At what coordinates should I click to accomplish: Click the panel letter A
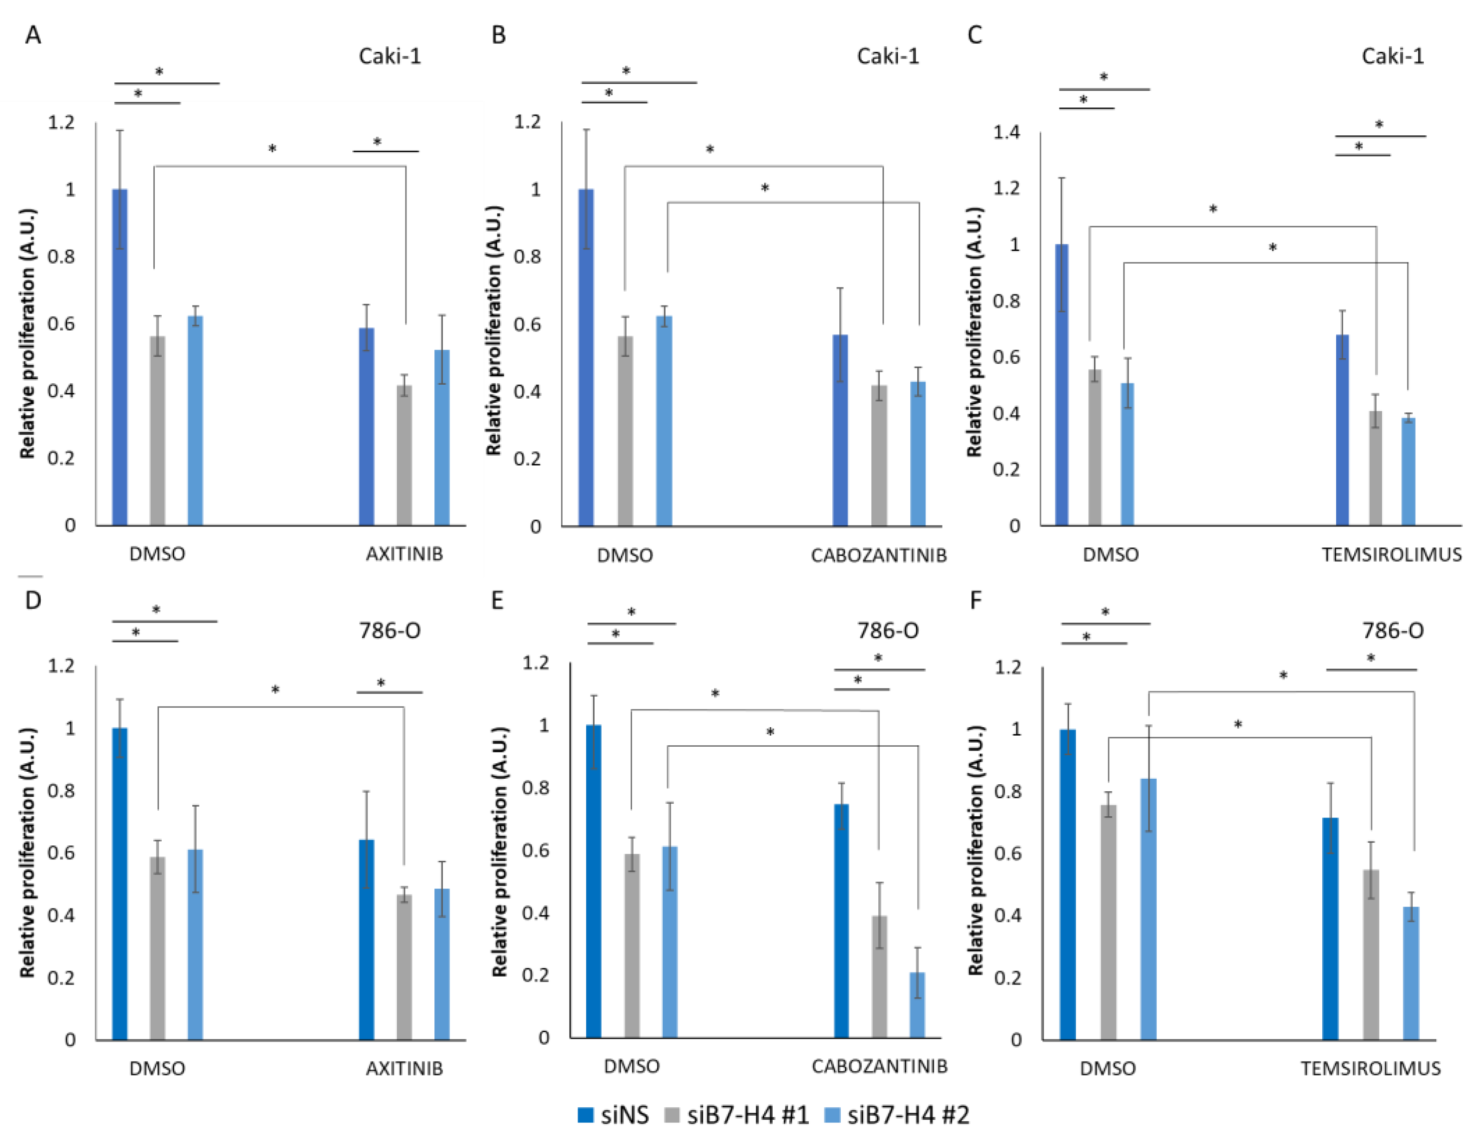point(32,34)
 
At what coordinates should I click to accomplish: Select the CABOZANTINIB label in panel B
point(878,556)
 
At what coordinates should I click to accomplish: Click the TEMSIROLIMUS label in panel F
point(1370,1069)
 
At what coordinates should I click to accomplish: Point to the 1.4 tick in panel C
point(1006,132)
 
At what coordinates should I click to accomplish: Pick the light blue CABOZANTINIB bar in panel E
point(917,1005)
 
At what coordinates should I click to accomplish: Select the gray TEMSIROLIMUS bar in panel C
point(1375,468)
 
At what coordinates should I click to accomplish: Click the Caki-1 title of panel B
point(888,56)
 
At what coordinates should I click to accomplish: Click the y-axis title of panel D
point(27,853)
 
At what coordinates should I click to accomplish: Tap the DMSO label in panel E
point(631,1067)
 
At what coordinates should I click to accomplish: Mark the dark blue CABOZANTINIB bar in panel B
point(840,431)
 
